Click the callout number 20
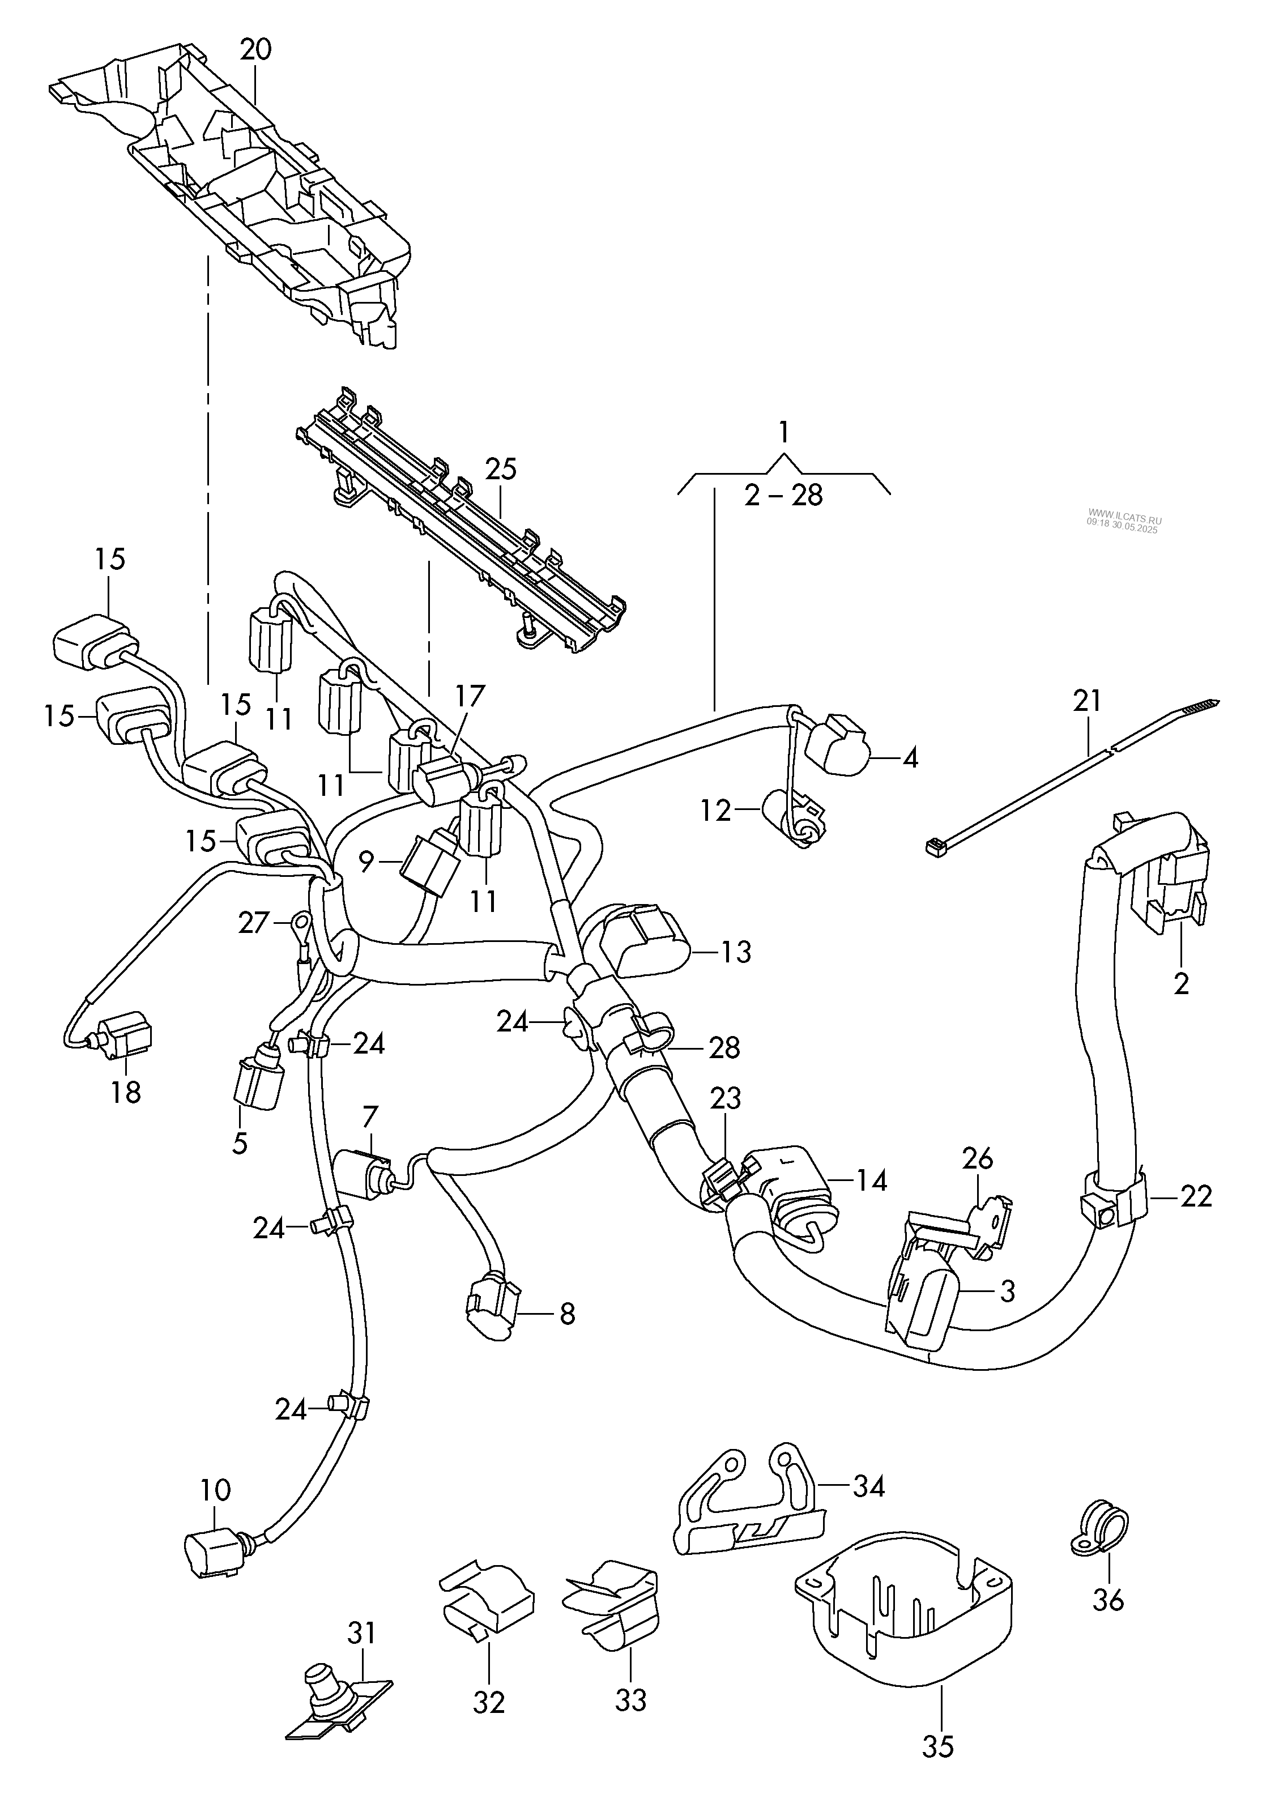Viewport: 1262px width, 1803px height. coord(255,49)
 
